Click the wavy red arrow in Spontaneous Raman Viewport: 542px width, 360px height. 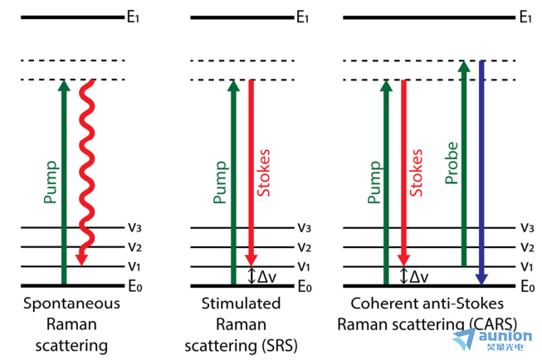coord(86,173)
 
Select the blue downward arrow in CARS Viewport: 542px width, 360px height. coord(481,173)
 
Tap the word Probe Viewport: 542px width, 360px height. coord(452,163)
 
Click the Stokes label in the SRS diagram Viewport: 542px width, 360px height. coord(264,173)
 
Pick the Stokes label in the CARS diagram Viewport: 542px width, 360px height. coord(416,173)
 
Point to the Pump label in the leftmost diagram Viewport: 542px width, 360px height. coord(51,182)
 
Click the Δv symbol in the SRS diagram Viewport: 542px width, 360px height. coord(267,276)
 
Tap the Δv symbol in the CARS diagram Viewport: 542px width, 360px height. coord(419,276)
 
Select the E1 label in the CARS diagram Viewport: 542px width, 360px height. coord(525,17)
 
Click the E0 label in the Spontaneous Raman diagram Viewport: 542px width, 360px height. coord(135,286)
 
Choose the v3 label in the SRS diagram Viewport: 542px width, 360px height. coord(304,227)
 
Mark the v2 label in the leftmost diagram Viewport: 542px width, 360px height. coord(134,246)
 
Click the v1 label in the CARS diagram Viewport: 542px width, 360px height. coord(527,266)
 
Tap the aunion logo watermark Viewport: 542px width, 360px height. coord(492,339)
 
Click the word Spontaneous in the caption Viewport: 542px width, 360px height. coord(71,304)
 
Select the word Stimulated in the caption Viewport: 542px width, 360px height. coord(241,304)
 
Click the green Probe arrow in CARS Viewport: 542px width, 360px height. coord(464,163)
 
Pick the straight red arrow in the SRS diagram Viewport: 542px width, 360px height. coord(251,173)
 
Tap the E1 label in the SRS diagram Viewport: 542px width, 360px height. coord(302,17)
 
